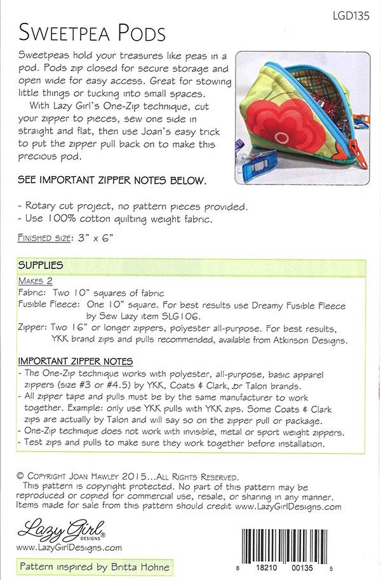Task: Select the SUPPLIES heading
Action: point(40,265)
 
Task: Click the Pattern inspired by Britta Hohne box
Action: point(94,565)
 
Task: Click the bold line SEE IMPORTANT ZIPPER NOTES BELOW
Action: point(112,180)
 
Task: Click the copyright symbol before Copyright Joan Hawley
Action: point(21,476)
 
